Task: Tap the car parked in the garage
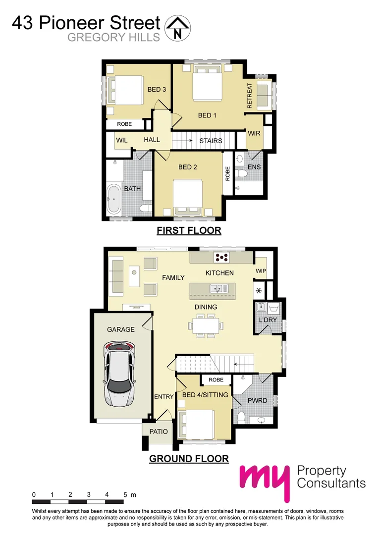(x=119, y=373)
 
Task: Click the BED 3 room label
(x=157, y=90)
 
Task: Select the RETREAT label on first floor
(x=250, y=96)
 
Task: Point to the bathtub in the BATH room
(x=113, y=200)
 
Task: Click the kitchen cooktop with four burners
(x=221, y=258)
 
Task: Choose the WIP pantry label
(x=261, y=271)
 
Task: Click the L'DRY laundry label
(x=268, y=320)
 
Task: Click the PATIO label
(x=159, y=431)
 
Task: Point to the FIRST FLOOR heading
(x=189, y=230)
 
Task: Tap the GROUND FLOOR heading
(x=189, y=459)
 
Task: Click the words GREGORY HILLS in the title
(x=114, y=38)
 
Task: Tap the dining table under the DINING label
(x=205, y=326)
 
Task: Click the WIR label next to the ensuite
(x=254, y=133)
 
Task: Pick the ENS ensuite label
(x=254, y=167)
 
